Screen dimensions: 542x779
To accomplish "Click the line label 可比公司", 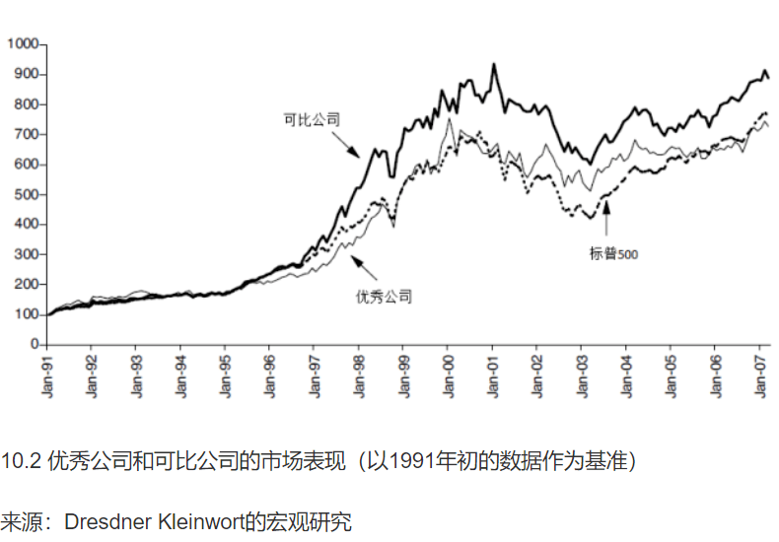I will click(x=312, y=119).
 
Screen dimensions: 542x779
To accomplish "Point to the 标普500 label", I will click(x=614, y=253).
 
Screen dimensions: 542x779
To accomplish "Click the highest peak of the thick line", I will click(x=494, y=65).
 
